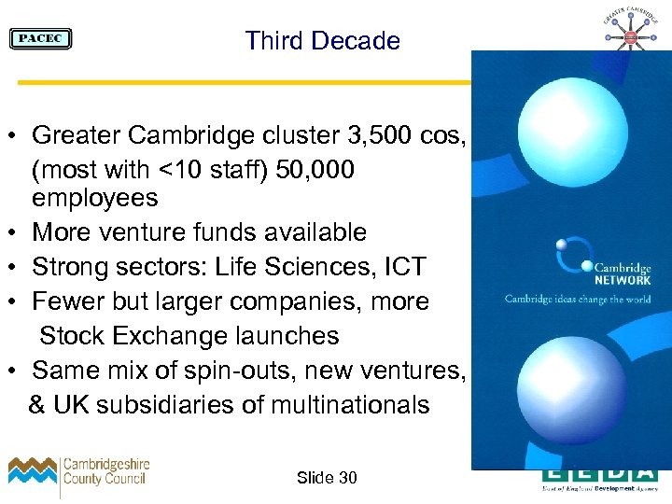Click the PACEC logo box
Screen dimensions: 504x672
coord(40,39)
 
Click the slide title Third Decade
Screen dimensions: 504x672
coord(322,41)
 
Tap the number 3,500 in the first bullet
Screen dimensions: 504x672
coord(371,135)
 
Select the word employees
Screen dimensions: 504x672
coord(95,198)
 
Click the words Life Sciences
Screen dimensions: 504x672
coord(303,267)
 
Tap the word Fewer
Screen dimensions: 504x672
coord(68,301)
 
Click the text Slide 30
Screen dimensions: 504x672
coord(327,478)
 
